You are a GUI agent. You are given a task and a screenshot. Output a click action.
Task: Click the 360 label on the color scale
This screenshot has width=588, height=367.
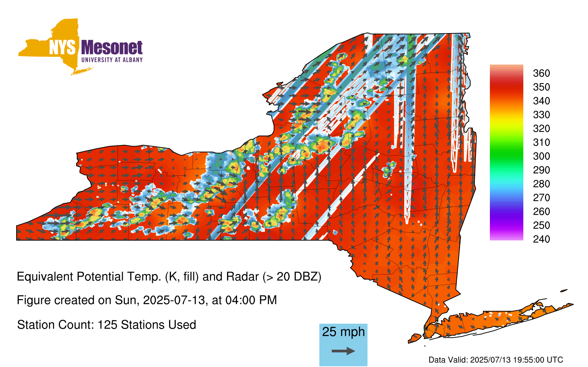541,73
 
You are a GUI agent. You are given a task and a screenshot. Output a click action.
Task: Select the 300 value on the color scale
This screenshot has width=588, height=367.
541,156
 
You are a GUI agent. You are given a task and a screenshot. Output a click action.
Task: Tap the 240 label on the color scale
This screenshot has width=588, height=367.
541,239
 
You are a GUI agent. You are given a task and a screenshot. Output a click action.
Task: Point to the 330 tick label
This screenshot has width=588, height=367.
541,115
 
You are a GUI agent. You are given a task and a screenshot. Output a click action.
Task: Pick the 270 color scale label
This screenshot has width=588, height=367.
541,198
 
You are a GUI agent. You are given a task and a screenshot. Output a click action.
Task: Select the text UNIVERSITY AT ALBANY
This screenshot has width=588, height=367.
112,60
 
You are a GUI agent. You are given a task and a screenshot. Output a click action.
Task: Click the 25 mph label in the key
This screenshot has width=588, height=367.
343,332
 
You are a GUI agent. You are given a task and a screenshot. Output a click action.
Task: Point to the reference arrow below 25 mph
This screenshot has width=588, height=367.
343,351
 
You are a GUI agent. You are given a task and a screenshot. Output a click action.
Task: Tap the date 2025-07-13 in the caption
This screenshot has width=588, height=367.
174,300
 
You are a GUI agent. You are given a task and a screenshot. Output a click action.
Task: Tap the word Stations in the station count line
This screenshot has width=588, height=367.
142,325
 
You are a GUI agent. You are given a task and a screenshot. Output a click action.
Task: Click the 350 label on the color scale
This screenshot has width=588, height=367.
541,87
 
